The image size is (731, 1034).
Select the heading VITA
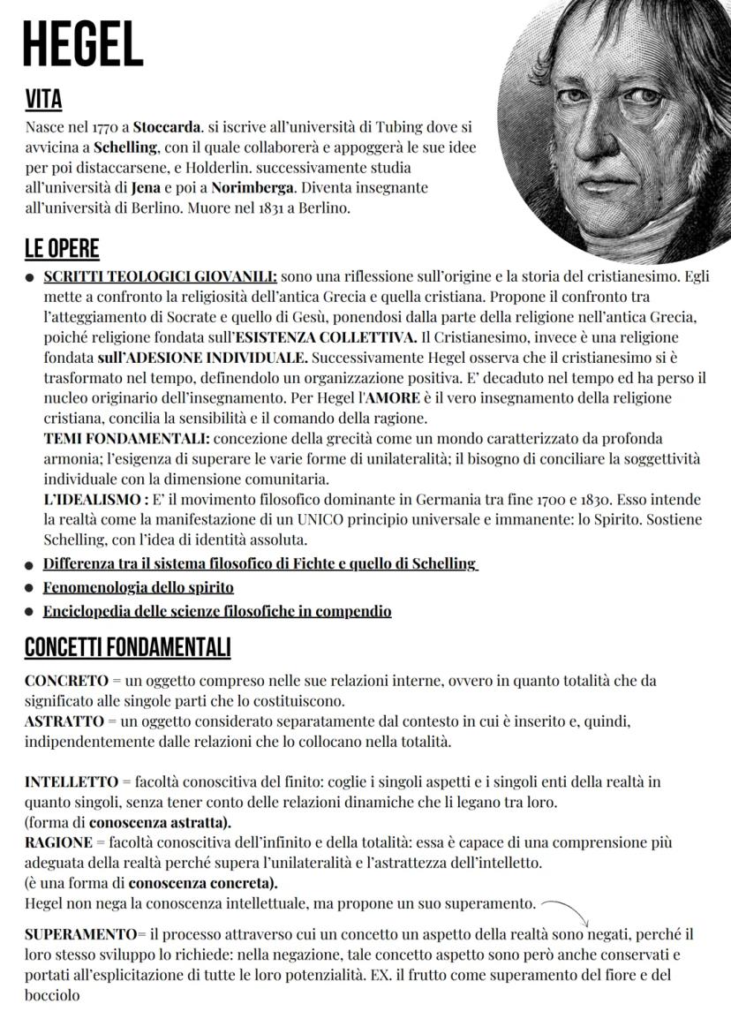click(43, 97)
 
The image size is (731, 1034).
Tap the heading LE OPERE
click(62, 248)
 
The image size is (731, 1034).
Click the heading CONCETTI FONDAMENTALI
click(127, 647)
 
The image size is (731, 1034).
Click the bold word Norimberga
click(255, 187)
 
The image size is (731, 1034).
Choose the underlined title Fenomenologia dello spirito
click(139, 587)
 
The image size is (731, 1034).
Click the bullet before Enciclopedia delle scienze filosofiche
click(29, 612)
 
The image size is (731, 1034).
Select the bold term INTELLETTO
click(72, 782)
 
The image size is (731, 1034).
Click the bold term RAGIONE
click(58, 842)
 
